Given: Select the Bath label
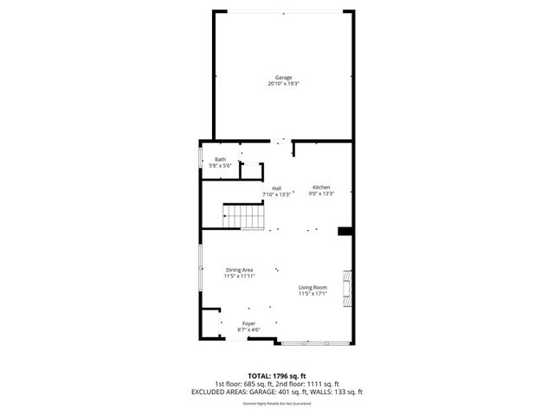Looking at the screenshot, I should pos(221,159).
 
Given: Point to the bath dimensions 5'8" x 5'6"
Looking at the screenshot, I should pos(221,165).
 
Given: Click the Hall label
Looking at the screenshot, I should pos(276,188).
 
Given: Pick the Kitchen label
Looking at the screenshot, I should pos(321,188).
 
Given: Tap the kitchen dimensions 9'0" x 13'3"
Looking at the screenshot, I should pos(321,194).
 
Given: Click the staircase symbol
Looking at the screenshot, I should pos(243,216).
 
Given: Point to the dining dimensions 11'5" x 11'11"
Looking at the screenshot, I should pos(239,277).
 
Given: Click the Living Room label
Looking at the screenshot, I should pos(312,287).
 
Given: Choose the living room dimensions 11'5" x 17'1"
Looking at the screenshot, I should pos(312,293).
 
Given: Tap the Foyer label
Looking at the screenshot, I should pos(248,323).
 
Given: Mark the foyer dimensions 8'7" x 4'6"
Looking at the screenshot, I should pos(248,329).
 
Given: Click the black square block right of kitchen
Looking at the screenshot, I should pos(345,231).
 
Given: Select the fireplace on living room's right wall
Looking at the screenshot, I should pos(348,288).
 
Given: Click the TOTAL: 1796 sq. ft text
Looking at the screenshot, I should pos(277,376).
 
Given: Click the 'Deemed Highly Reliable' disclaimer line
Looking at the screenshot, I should pos(277,403).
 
